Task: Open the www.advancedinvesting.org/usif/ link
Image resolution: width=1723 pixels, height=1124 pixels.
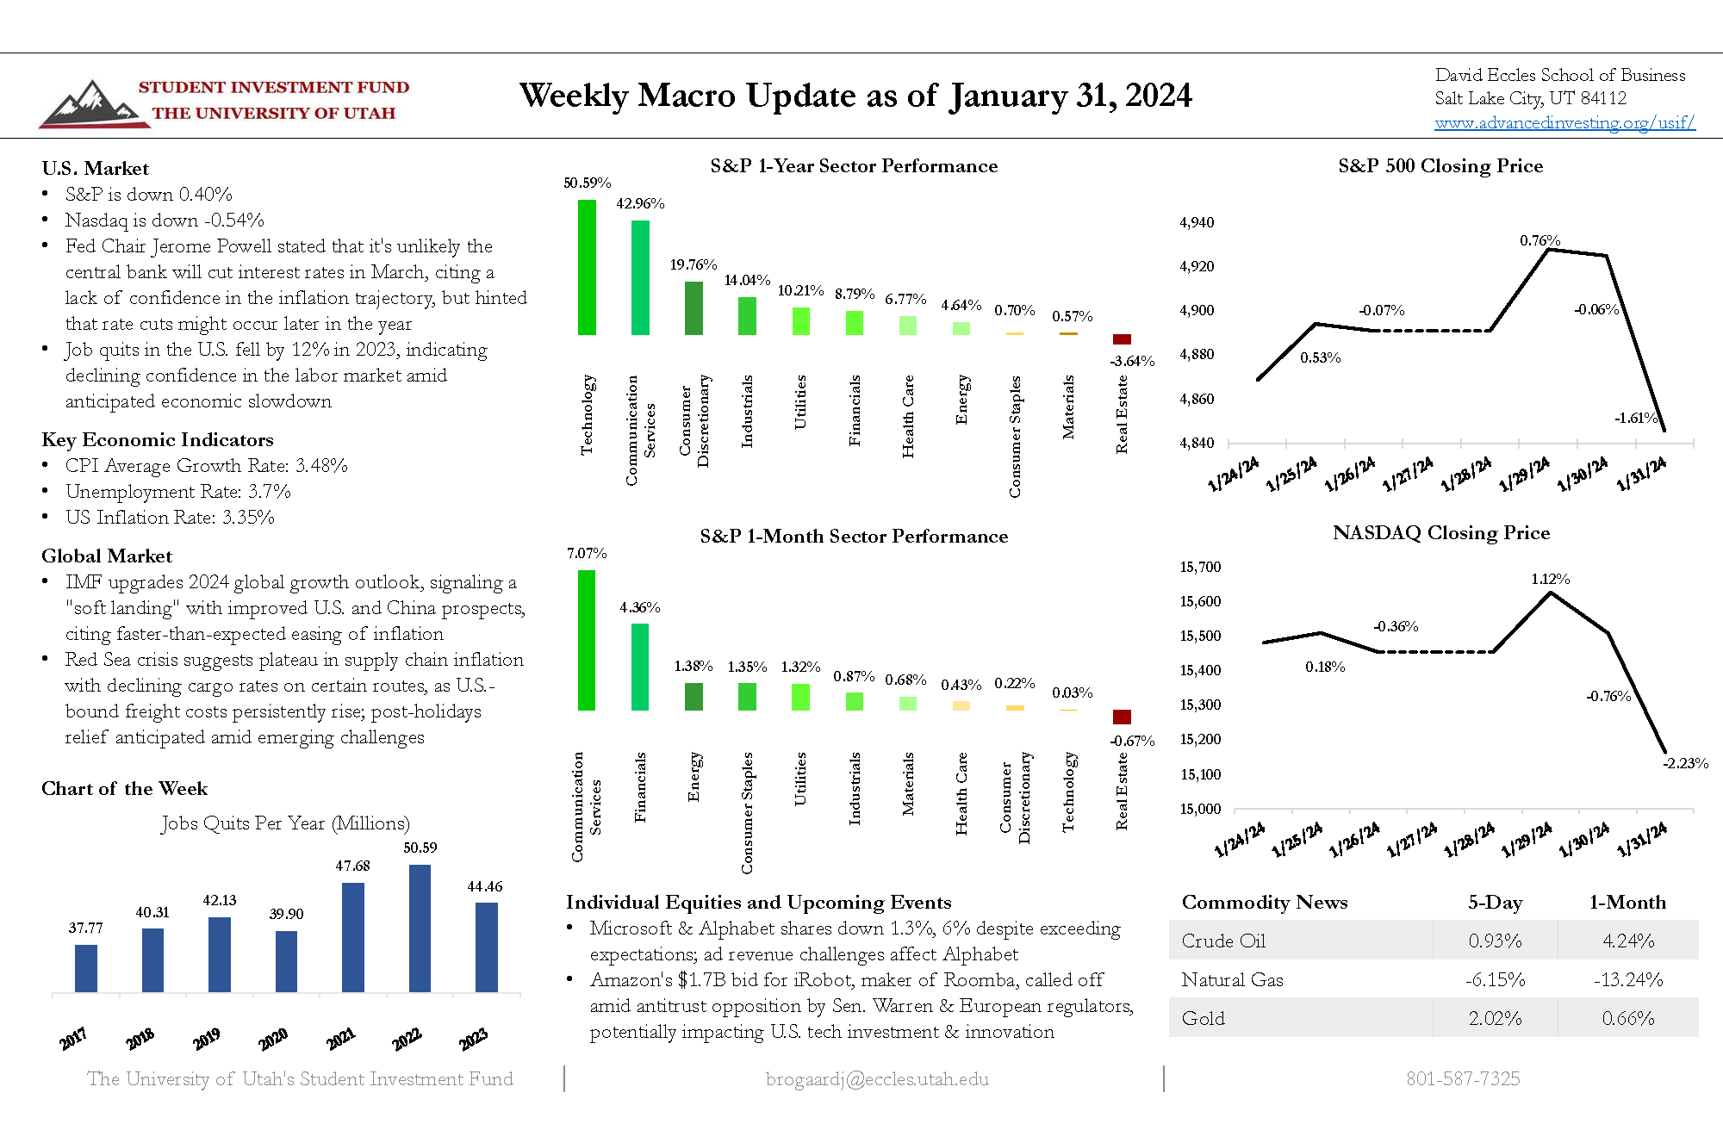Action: pyautogui.click(x=1564, y=123)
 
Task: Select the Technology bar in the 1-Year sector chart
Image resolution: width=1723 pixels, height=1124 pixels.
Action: pyautogui.click(x=587, y=267)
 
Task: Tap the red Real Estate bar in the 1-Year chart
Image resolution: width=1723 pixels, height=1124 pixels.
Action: pyautogui.click(x=1122, y=339)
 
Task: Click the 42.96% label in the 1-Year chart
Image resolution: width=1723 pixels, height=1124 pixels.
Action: pyautogui.click(x=640, y=204)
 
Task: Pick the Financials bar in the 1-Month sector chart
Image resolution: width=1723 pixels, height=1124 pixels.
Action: pyautogui.click(x=640, y=667)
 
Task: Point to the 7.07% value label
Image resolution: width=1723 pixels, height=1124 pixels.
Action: pyautogui.click(x=587, y=553)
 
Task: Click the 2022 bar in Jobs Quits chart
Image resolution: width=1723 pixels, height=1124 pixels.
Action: pyautogui.click(x=420, y=928)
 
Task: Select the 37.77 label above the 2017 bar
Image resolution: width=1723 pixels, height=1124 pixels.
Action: pyautogui.click(x=85, y=928)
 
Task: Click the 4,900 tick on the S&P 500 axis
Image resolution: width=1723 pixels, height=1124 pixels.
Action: pyautogui.click(x=1197, y=310)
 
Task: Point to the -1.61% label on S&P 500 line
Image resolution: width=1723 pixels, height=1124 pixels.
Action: pyautogui.click(x=1635, y=419)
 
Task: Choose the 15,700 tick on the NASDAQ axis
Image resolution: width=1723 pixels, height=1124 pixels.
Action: pyautogui.click(x=1200, y=567)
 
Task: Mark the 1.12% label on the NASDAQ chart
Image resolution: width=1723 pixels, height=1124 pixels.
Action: pyautogui.click(x=1550, y=580)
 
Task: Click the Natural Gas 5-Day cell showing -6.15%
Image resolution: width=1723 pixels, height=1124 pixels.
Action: pyautogui.click(x=1495, y=980)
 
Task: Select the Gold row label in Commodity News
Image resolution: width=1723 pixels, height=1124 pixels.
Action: pyautogui.click(x=1204, y=1019)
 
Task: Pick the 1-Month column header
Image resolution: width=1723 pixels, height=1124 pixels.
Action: pyautogui.click(x=1627, y=903)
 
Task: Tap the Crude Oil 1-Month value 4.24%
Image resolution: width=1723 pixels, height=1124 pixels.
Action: pyautogui.click(x=1627, y=941)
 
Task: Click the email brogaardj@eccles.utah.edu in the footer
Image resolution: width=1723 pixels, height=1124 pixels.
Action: pyautogui.click(x=877, y=1079)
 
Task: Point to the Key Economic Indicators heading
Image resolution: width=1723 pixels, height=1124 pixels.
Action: pyautogui.click(x=158, y=440)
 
